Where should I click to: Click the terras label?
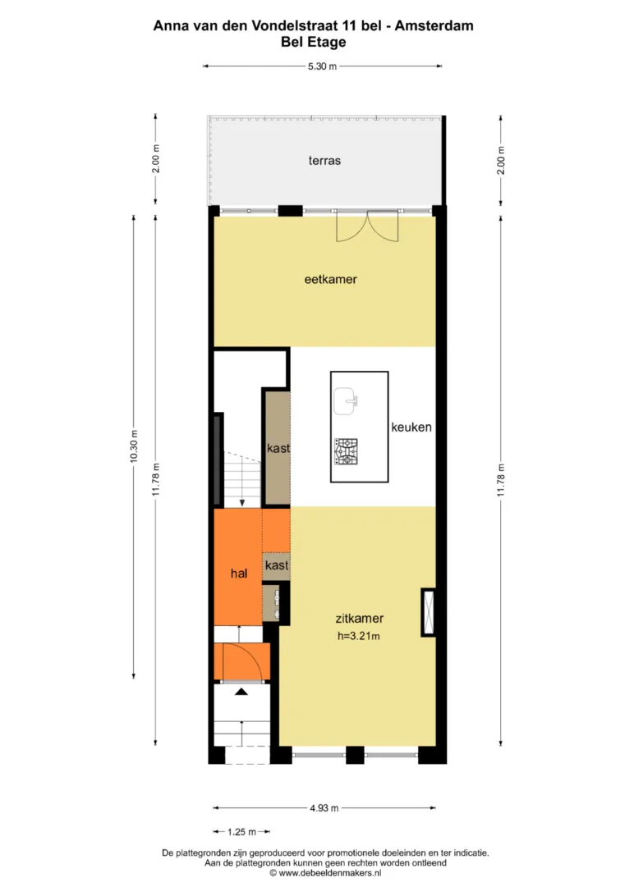click(x=324, y=161)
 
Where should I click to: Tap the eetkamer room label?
click(x=330, y=280)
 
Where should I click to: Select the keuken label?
click(x=411, y=427)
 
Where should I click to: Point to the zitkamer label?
click(x=359, y=619)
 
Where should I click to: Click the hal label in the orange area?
click(x=239, y=574)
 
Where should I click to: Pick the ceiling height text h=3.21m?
click(x=358, y=635)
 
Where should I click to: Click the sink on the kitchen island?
click(x=346, y=401)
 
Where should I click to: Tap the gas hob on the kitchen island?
click(x=346, y=451)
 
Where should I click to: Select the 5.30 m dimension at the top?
click(x=323, y=66)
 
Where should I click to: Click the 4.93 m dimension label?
click(x=324, y=808)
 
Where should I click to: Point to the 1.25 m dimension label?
click(x=241, y=832)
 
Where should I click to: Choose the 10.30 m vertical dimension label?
click(x=134, y=446)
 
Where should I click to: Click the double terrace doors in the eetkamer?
click(x=367, y=226)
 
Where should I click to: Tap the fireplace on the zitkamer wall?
click(x=428, y=612)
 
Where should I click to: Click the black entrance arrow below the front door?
click(x=241, y=692)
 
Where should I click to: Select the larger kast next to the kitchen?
click(x=277, y=447)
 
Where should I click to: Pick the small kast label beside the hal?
click(x=277, y=565)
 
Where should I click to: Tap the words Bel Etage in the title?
click(x=313, y=43)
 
